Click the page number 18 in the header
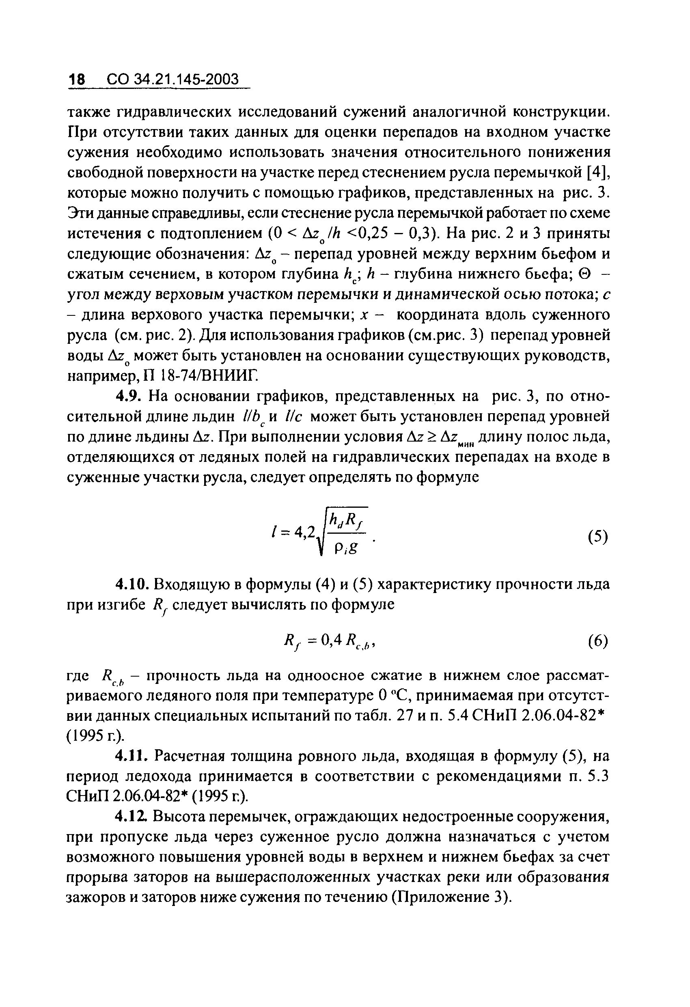(x=78, y=79)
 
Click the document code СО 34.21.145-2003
(x=172, y=79)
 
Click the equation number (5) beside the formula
(x=598, y=537)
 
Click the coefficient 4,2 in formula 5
(x=304, y=534)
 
